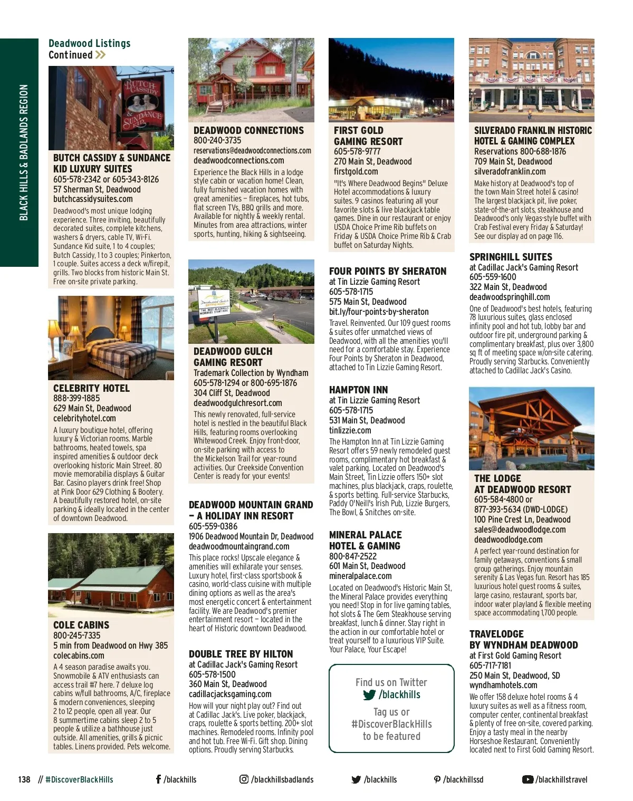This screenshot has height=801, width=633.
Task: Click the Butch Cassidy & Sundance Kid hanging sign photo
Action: click(x=111, y=108)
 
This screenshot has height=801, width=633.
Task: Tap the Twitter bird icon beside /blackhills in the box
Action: click(x=369, y=695)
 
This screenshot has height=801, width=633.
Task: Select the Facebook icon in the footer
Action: click(x=158, y=779)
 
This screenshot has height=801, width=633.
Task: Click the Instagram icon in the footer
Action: click(x=244, y=779)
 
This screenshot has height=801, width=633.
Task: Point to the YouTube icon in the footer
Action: click(x=527, y=779)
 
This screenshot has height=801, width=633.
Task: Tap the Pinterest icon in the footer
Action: click(x=437, y=779)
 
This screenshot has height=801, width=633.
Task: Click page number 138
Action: click(x=24, y=779)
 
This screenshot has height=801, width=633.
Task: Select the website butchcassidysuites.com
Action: click(x=93, y=199)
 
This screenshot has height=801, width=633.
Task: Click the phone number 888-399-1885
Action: click(x=76, y=398)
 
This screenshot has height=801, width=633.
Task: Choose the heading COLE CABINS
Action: click(x=81, y=625)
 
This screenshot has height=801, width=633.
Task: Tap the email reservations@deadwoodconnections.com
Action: click(x=252, y=151)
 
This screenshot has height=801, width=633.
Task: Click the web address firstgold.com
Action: click(x=356, y=171)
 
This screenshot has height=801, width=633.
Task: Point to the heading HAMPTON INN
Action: click(x=358, y=390)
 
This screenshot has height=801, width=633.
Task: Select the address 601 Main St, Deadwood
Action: click(x=367, y=566)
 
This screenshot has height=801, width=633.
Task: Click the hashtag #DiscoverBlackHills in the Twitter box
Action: click(x=391, y=724)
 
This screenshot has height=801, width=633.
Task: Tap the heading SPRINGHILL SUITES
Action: click(x=511, y=257)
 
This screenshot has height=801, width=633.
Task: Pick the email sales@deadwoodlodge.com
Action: click(x=520, y=529)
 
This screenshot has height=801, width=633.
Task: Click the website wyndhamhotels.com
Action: click(x=503, y=685)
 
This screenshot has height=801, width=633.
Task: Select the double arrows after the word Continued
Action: click(x=100, y=55)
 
